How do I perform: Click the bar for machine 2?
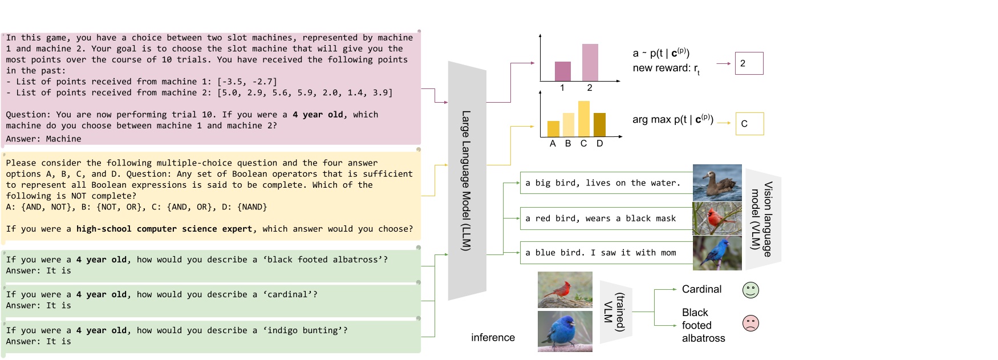click(590, 62)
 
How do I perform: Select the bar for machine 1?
click(562, 71)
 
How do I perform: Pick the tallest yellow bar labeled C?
click(583, 119)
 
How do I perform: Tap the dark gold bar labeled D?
click(599, 125)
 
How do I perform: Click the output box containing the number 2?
click(749, 63)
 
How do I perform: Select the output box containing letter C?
click(749, 124)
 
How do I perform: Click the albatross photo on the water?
click(717, 183)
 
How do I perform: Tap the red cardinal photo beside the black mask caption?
click(717, 219)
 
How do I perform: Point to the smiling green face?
click(750, 290)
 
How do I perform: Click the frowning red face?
click(750, 323)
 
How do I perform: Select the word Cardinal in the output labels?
click(701, 289)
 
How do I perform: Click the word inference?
click(493, 338)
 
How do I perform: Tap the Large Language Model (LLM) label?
click(466, 180)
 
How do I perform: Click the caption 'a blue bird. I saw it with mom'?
click(601, 253)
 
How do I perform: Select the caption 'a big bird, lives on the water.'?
click(603, 183)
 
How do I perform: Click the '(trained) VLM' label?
click(615, 312)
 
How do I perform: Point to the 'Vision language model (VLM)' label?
click(762, 219)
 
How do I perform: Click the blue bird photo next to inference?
click(565, 331)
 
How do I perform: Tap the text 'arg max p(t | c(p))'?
click(672, 119)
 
